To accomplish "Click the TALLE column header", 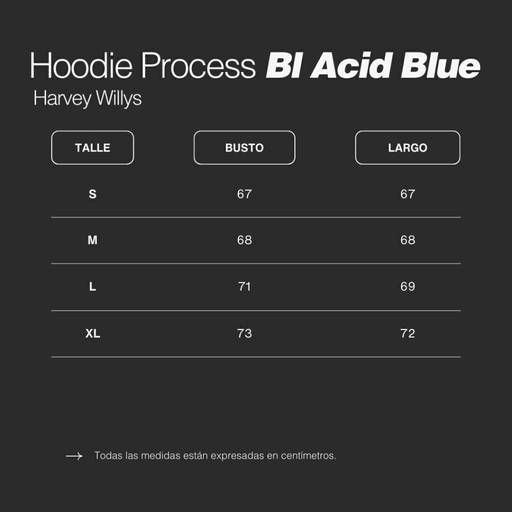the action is [x=92, y=147].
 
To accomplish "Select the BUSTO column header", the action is [x=244, y=147].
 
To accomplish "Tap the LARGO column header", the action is [x=407, y=147].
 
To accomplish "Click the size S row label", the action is [x=92, y=194].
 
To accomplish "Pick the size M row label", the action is [x=92, y=240].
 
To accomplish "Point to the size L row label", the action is [x=92, y=286].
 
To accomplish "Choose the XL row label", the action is [x=92, y=333].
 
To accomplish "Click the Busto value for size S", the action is [x=244, y=194].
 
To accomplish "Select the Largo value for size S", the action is [x=407, y=194].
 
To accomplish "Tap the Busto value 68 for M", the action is [x=244, y=240].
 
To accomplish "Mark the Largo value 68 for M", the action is [x=407, y=240].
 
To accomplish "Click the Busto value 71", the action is [x=244, y=286].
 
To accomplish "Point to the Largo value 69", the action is [x=407, y=286].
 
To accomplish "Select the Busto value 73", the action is [x=244, y=333].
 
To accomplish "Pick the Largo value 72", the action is [x=407, y=333].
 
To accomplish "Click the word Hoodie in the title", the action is [x=81, y=65].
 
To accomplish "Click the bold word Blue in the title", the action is [x=440, y=65].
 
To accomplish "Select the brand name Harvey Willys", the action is [x=87, y=98].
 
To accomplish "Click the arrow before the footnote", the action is [x=74, y=456].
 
